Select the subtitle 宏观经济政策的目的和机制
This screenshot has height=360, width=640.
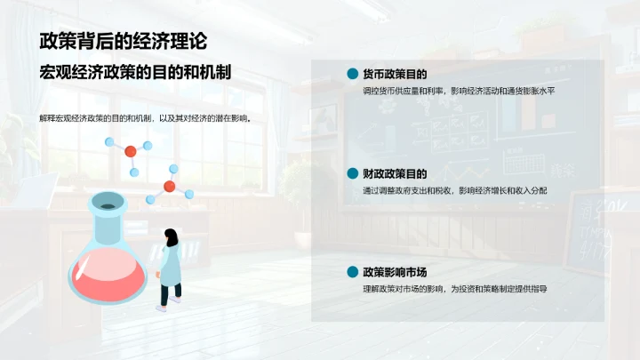(135, 73)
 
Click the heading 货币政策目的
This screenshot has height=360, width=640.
(395, 74)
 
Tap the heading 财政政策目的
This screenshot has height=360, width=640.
(395, 173)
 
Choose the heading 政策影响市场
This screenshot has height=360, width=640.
(395, 272)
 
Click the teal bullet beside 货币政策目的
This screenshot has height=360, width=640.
(352, 74)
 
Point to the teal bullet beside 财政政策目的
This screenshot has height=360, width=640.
(352, 173)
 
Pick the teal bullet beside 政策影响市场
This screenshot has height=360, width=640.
(352, 272)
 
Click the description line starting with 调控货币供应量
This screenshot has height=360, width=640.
(458, 92)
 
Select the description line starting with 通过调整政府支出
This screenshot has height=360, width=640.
(453, 190)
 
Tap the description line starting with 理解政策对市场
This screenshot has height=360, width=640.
(453, 289)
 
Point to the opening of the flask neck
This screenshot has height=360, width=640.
(107, 205)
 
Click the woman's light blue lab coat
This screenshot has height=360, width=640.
(171, 263)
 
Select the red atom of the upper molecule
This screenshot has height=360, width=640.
(131, 151)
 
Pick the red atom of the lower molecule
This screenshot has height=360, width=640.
(169, 187)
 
